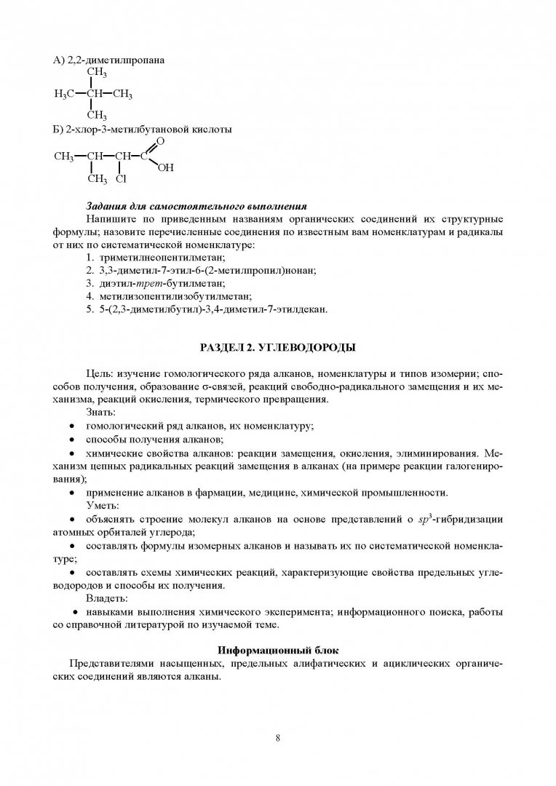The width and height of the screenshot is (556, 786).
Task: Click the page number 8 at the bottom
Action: point(278,737)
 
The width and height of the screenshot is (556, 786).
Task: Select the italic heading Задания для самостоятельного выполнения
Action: point(196,207)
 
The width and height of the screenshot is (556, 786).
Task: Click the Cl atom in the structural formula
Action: point(121,178)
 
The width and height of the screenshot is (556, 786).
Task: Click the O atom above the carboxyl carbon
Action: point(160,141)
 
